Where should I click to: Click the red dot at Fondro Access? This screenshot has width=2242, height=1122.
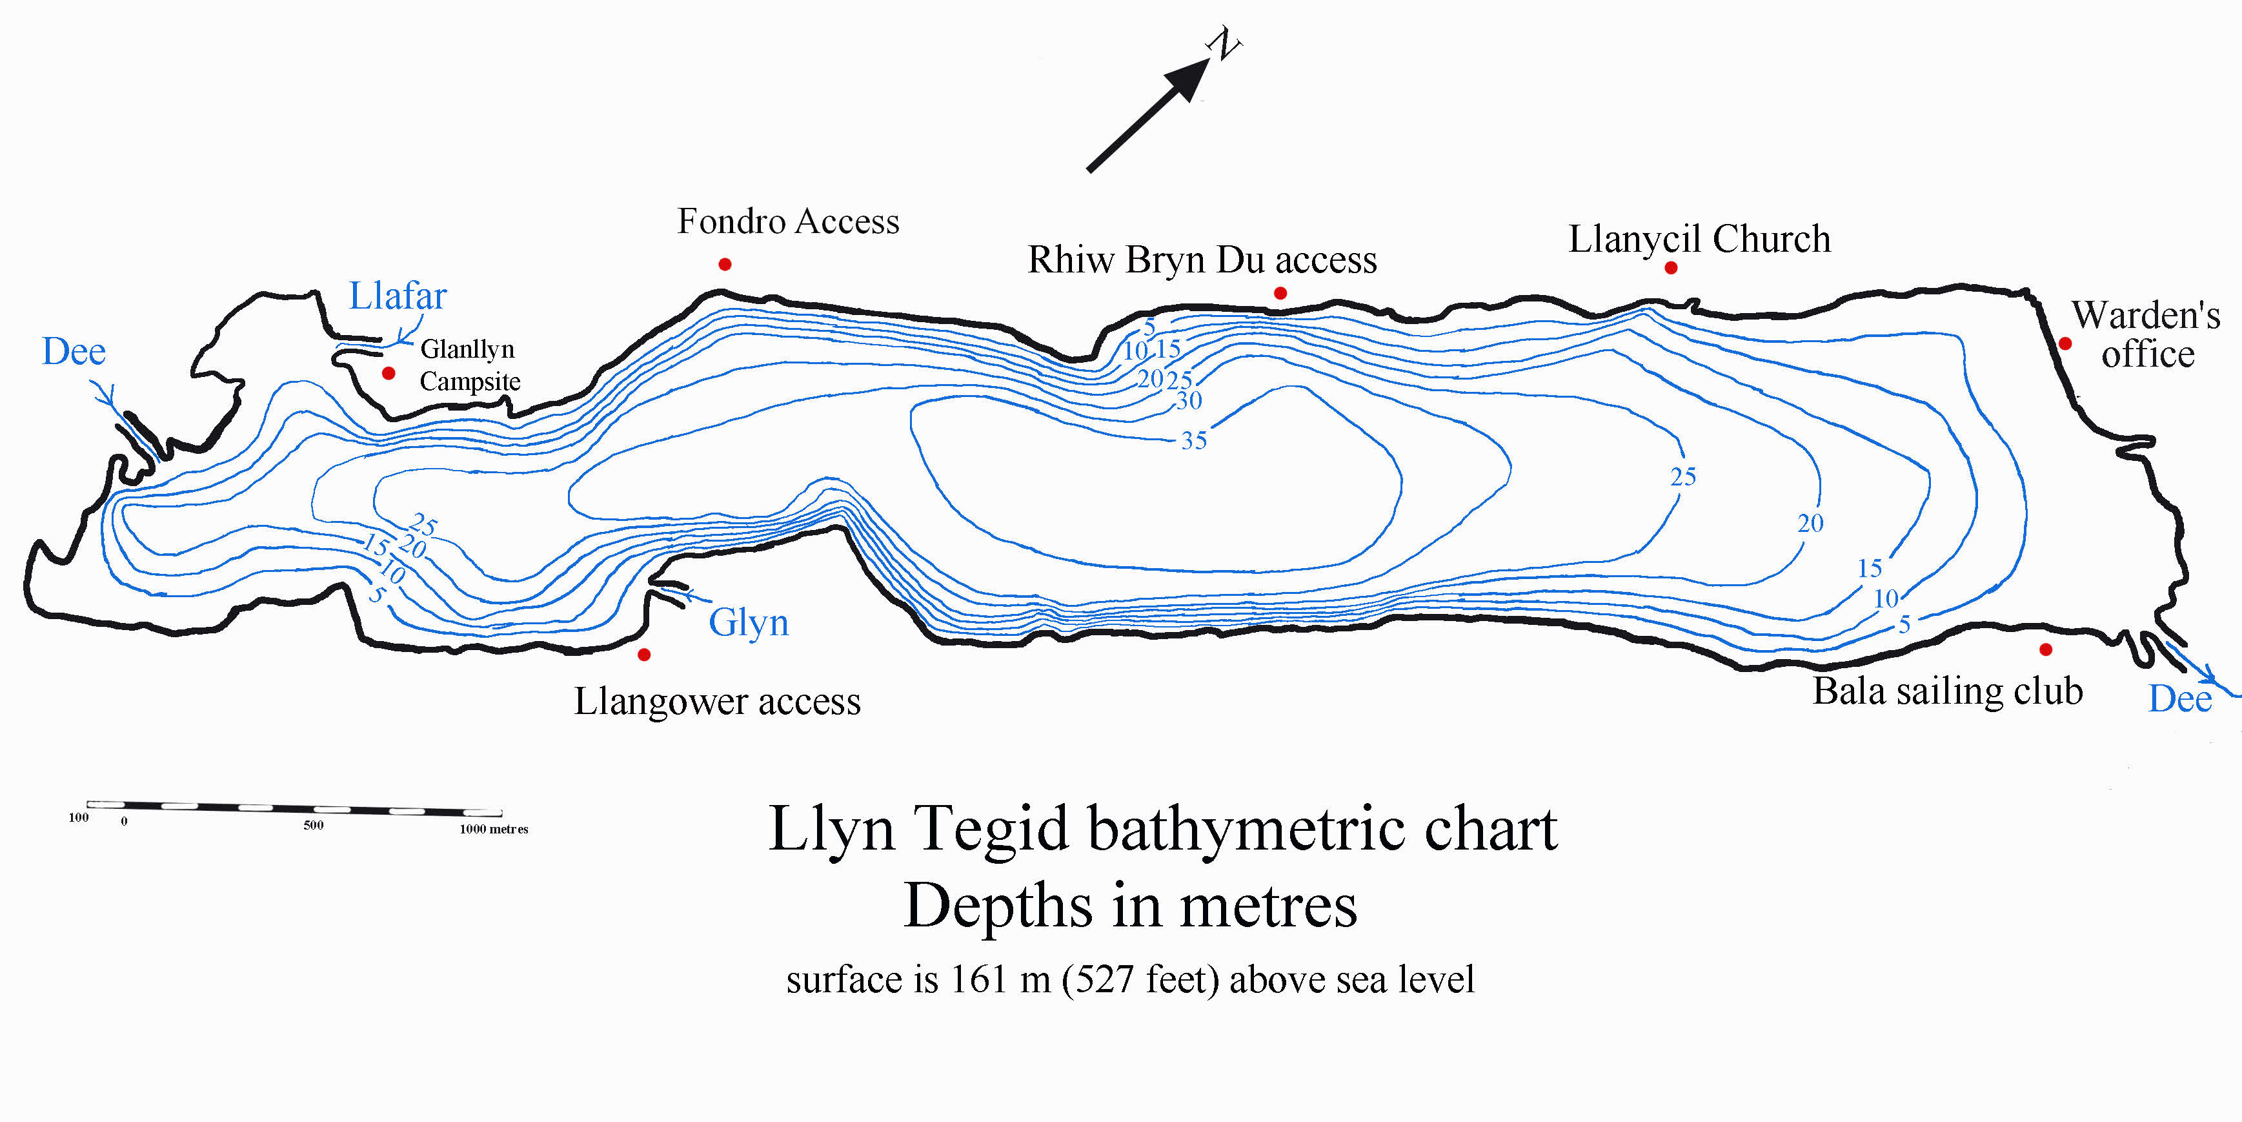(725, 264)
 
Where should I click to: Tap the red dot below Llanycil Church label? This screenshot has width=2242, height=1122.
(1671, 267)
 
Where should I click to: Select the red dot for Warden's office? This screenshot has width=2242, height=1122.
(2065, 344)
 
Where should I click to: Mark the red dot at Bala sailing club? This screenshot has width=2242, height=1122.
(2046, 649)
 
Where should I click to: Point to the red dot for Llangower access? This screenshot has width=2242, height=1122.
(644, 654)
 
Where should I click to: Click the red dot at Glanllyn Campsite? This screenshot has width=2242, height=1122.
(389, 372)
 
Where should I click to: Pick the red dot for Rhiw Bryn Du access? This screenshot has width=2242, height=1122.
(1280, 293)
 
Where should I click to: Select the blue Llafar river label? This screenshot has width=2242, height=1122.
(398, 296)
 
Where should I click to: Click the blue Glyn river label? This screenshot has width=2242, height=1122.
(749, 622)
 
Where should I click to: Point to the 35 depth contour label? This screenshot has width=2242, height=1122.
(1193, 440)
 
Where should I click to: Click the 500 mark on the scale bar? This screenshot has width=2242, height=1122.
(313, 825)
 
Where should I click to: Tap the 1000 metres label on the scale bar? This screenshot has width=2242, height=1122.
(494, 829)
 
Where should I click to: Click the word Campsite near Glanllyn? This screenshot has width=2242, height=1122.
(470, 382)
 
